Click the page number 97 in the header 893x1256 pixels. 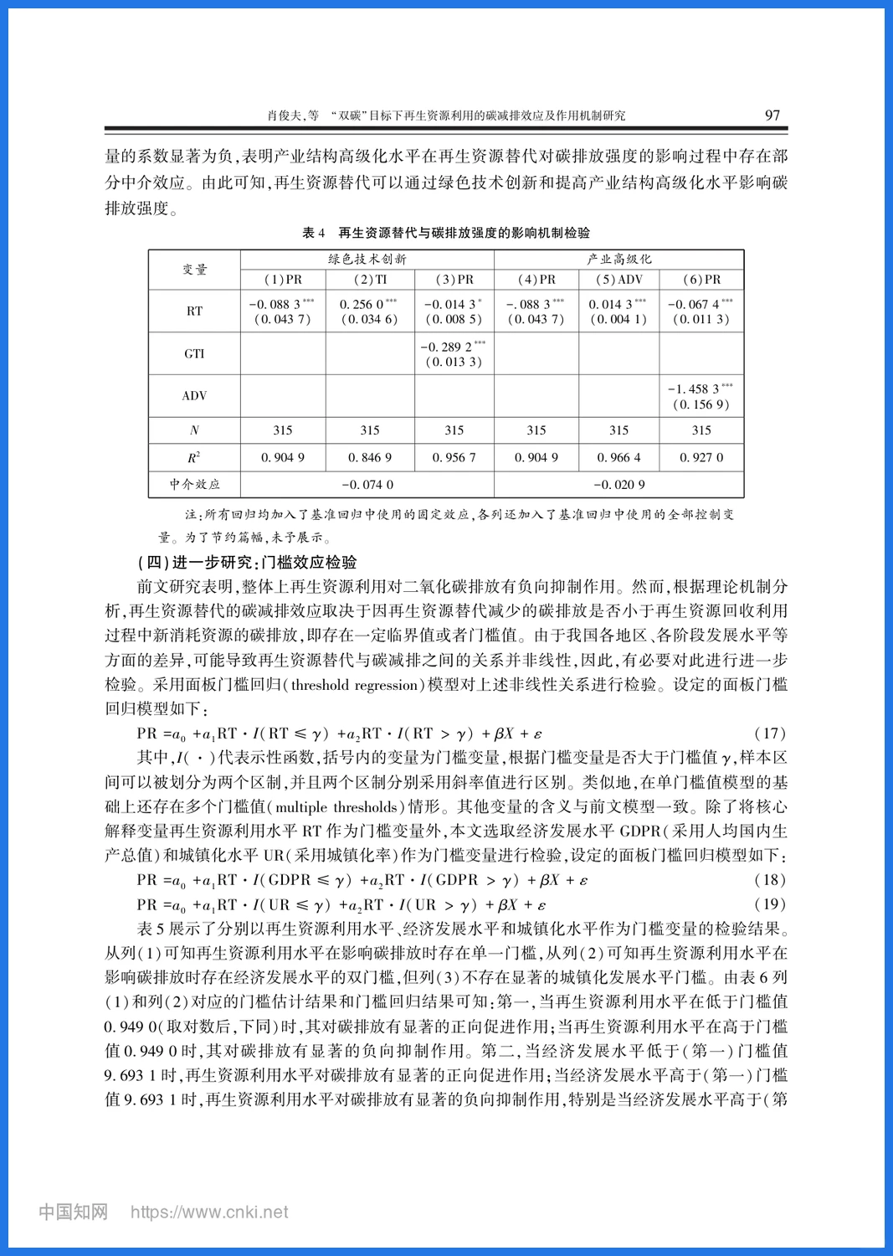tap(772, 116)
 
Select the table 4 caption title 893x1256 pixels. tap(446, 233)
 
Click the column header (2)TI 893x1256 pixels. tap(370, 280)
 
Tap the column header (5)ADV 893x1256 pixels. tap(618, 280)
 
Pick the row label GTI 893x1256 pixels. tap(194, 354)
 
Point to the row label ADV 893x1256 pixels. tap(194, 396)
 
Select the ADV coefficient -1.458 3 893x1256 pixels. tap(700, 389)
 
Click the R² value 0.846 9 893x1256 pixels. tap(370, 458)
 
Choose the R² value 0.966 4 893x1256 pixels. tap(618, 458)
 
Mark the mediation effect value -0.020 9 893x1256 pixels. tap(618, 485)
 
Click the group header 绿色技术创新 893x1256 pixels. tap(367, 260)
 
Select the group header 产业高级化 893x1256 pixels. tap(618, 260)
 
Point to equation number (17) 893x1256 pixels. tap(770, 734)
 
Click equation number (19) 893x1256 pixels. tap(770, 904)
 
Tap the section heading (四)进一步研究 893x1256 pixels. tap(247, 563)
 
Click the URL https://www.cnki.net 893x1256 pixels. tap(209, 1212)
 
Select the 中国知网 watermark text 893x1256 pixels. tap(74, 1212)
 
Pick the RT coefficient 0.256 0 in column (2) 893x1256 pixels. tap(368, 305)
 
